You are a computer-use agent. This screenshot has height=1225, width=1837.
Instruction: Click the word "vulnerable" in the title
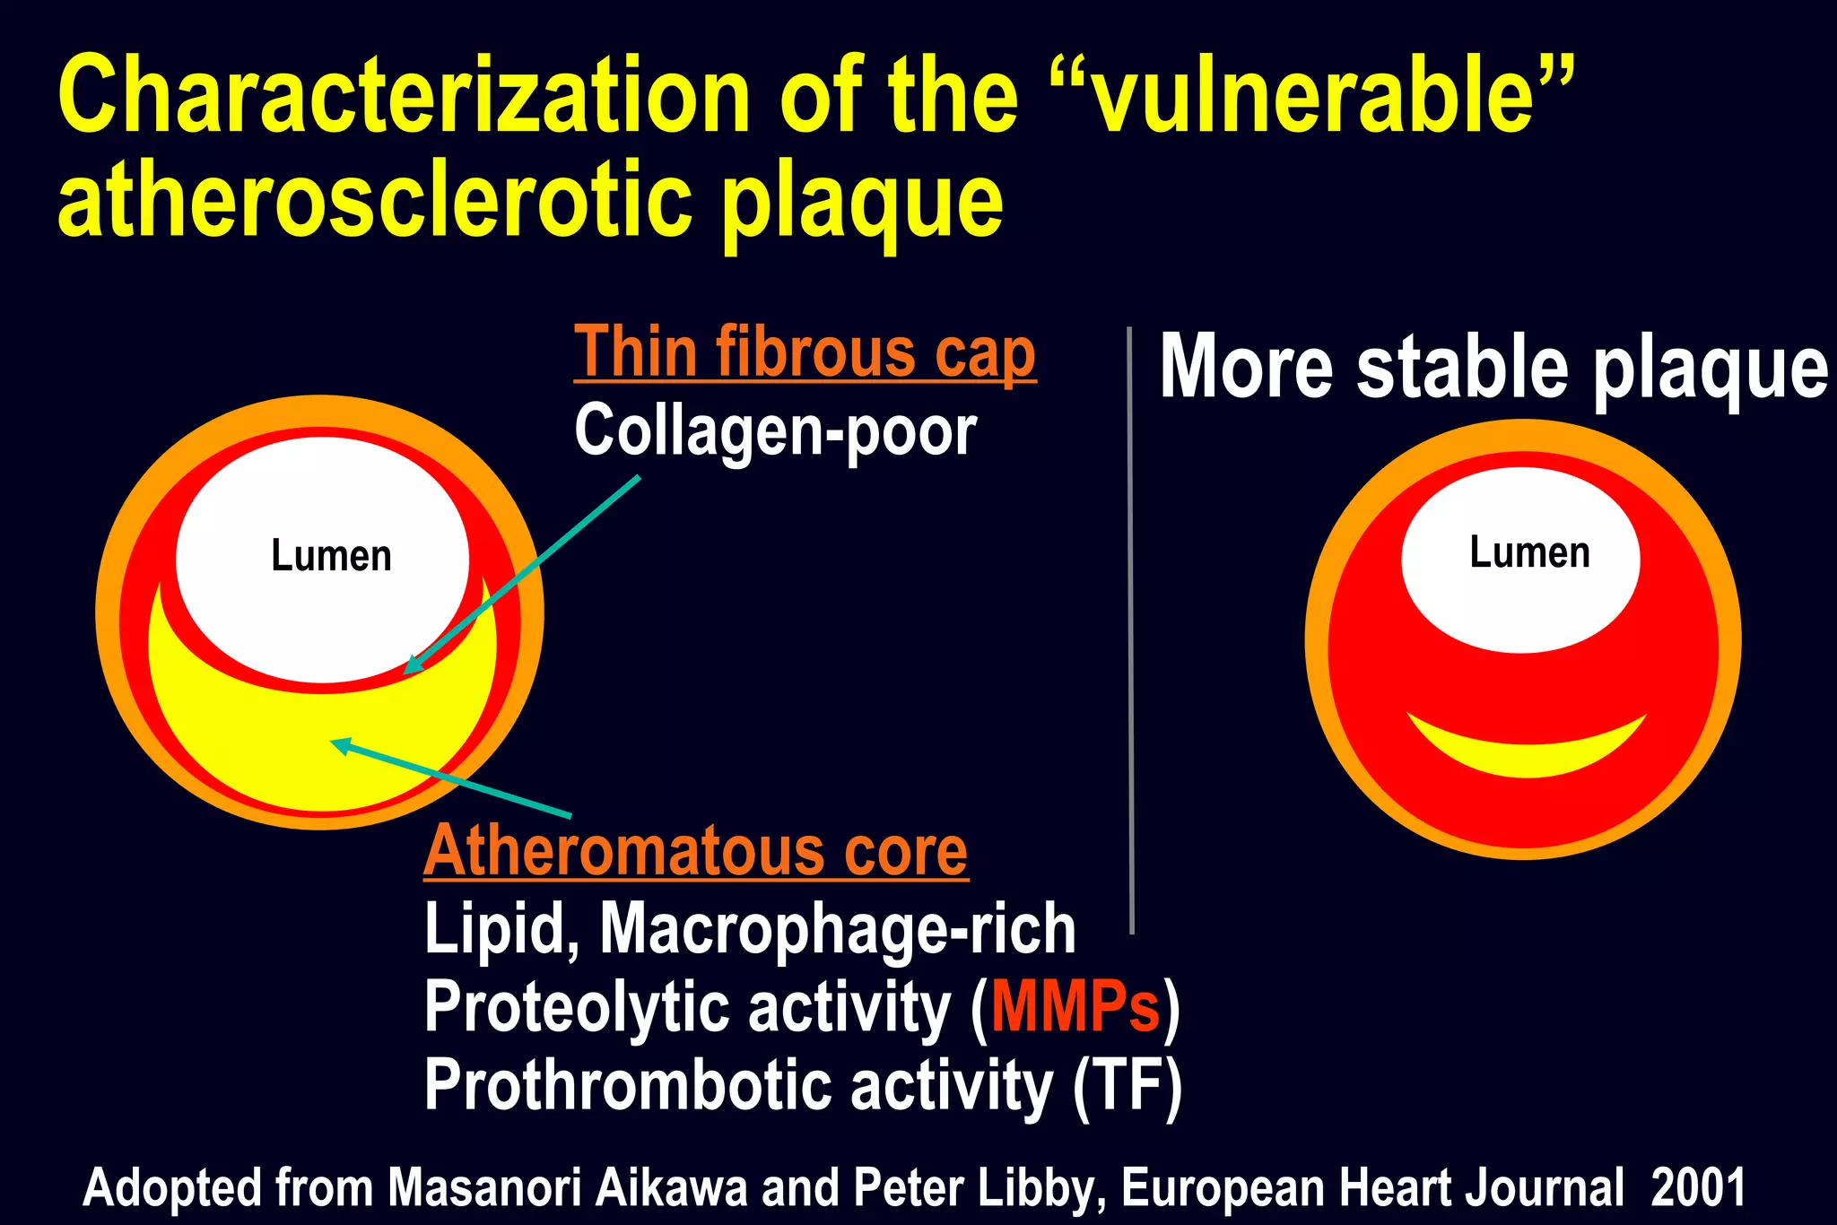pos(1313,95)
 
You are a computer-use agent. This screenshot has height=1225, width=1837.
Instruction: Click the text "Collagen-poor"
pos(775,431)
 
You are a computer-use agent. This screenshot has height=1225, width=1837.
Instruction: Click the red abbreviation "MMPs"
pos(1075,1007)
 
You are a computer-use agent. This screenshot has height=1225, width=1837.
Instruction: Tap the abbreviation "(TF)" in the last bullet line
pos(1127,1086)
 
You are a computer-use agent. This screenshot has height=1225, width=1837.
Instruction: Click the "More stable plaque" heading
pos(1493,367)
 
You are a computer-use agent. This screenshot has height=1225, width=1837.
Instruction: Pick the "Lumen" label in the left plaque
pos(331,556)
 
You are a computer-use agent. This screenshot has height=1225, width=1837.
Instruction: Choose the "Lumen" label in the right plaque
pos(1529,552)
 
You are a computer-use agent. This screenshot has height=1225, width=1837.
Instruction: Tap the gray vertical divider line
pos(1130,628)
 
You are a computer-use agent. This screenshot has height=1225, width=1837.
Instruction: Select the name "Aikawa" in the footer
pos(671,1187)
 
